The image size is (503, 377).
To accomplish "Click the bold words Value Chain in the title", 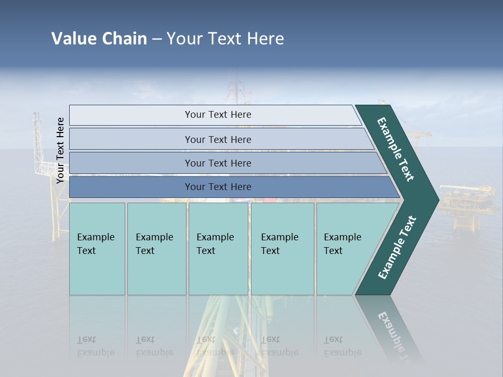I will click(99, 38).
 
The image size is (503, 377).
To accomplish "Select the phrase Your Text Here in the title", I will click(225, 38).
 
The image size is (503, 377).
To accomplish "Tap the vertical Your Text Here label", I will click(60, 150).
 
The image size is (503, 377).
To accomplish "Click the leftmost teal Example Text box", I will click(97, 249).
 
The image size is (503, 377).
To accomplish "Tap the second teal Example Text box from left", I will click(156, 249).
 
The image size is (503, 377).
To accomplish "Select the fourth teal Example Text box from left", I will click(282, 249).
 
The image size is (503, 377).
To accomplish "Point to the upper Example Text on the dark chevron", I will click(396, 149).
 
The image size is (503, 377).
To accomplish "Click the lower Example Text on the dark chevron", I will click(397, 247).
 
